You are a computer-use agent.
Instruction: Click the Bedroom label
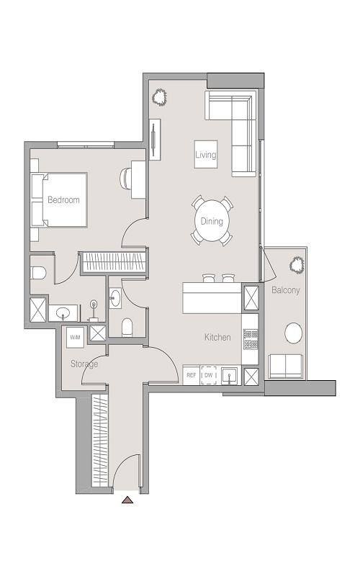pos(63,200)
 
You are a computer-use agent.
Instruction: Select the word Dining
pos(211,222)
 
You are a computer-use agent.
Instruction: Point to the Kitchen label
pos(217,337)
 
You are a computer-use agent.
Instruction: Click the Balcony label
pos(286,291)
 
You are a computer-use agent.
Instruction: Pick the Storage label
pos(84,364)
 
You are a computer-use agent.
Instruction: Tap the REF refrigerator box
pos(192,376)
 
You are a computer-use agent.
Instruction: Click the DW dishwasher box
pos(209,376)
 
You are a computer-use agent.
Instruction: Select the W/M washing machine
pos(75,336)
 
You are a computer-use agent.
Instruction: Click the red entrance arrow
pos(127,499)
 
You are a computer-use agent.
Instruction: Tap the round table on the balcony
pos(294,333)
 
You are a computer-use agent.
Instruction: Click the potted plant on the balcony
pos(296,265)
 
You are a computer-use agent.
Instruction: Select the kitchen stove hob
pos(251,338)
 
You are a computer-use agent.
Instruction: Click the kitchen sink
pos(230,375)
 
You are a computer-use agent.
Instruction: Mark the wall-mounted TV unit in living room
pos(156,140)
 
